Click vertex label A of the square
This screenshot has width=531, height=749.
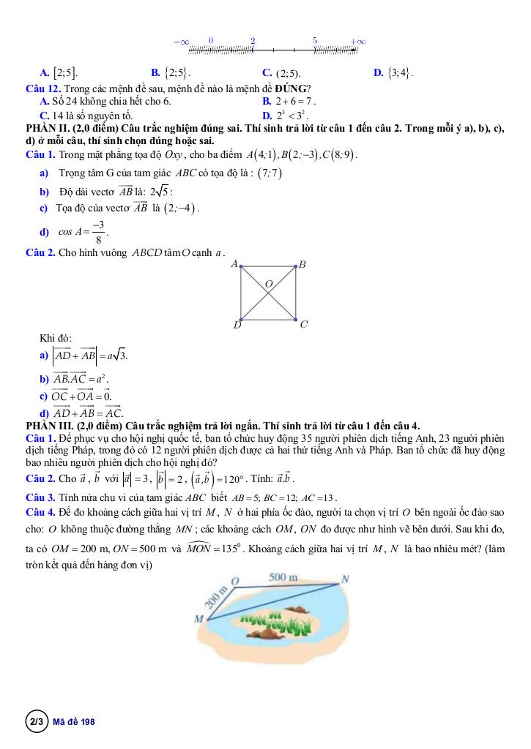pyautogui.click(x=234, y=263)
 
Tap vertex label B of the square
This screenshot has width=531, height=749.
pyautogui.click(x=302, y=264)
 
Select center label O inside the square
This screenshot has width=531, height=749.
pyautogui.click(x=268, y=282)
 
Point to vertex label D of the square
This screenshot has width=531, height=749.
pyautogui.click(x=237, y=324)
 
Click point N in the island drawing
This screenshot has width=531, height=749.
pyautogui.click(x=346, y=578)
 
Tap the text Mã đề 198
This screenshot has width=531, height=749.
pyautogui.click(x=75, y=722)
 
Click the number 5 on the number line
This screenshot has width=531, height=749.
pyautogui.click(x=315, y=40)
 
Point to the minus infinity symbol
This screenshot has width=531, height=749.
pyautogui.click(x=182, y=42)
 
